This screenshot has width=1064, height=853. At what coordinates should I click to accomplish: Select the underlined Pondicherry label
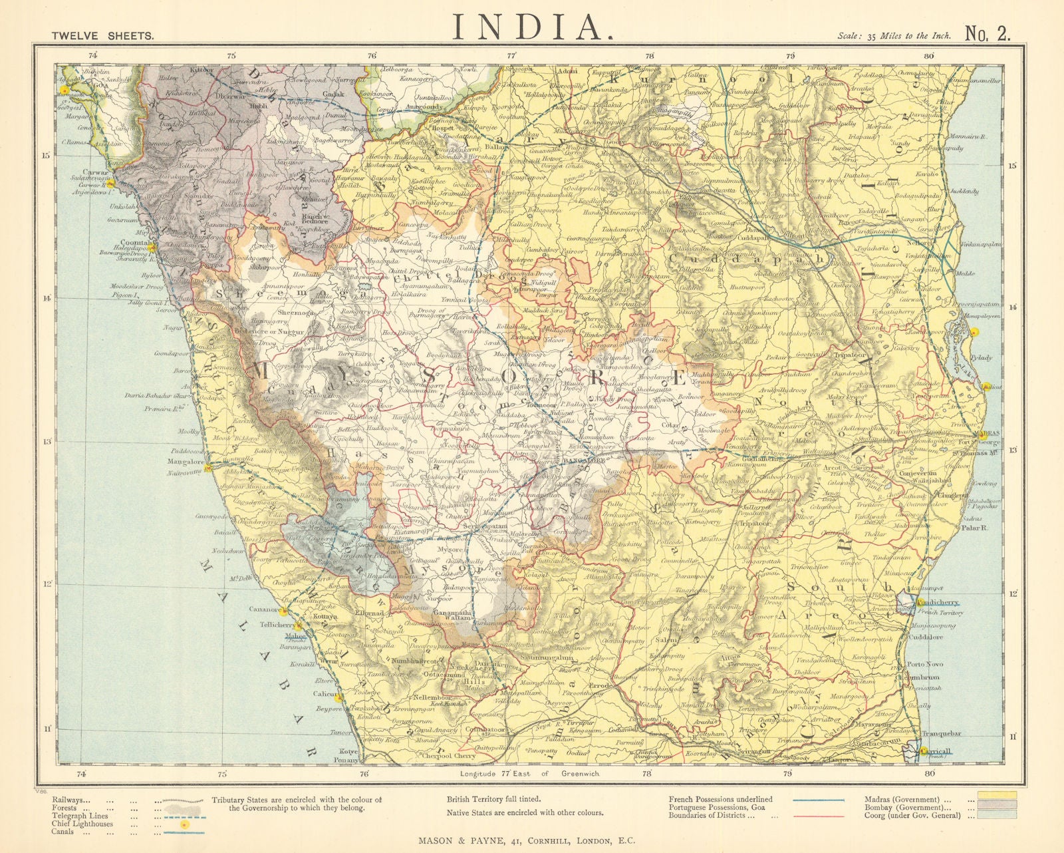[939, 603]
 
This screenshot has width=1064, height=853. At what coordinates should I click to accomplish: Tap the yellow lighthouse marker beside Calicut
[339, 698]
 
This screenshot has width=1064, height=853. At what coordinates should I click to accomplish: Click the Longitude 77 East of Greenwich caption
[529, 774]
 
